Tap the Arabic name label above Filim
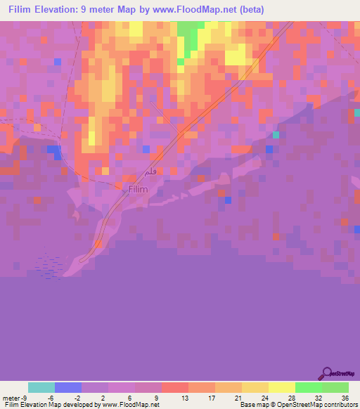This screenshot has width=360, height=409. [148, 171]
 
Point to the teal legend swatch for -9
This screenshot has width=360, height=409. [41, 387]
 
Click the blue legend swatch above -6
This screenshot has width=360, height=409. [68, 387]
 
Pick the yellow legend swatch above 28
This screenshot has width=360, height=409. [281, 387]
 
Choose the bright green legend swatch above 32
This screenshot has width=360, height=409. [308, 387]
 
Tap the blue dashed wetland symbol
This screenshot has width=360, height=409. [49, 266]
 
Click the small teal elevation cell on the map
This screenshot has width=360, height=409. [276, 135]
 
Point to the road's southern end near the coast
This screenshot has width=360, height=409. [84, 260]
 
